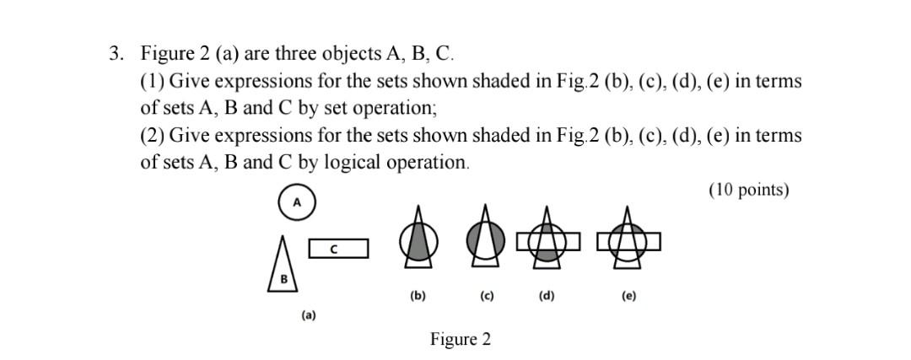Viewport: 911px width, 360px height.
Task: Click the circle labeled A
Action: (x=296, y=201)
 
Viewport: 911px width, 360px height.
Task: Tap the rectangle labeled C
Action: (x=337, y=249)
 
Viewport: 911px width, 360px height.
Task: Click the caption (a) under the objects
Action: (x=309, y=315)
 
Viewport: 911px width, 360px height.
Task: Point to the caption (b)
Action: (x=418, y=296)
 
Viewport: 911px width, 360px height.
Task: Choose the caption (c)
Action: (x=487, y=296)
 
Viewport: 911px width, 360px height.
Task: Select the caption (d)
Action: (x=547, y=296)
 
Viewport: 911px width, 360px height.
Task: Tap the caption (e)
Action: (x=628, y=296)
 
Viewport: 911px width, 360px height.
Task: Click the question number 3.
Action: (x=115, y=55)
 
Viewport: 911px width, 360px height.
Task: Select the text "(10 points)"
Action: (x=748, y=190)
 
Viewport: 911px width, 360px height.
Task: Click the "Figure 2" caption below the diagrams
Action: (x=460, y=339)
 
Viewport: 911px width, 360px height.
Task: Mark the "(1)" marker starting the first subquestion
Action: (x=153, y=82)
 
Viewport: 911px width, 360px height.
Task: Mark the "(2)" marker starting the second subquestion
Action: (x=153, y=135)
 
